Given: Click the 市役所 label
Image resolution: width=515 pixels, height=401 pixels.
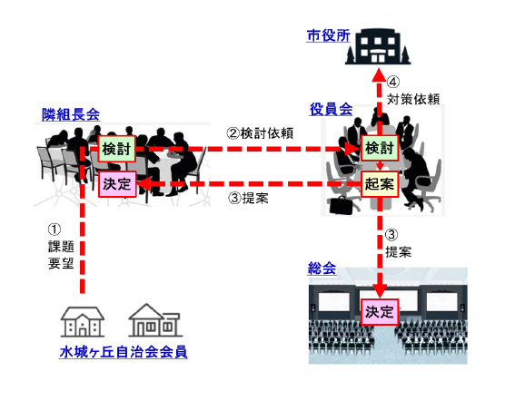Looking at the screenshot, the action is (x=328, y=35).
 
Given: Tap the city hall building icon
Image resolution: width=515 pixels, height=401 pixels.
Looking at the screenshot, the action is (x=378, y=46).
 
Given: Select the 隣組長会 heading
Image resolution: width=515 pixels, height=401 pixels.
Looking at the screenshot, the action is (x=71, y=114).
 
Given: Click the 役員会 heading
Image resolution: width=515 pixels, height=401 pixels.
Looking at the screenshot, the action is (x=331, y=109).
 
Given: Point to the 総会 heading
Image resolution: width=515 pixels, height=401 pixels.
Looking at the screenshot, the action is (x=322, y=269).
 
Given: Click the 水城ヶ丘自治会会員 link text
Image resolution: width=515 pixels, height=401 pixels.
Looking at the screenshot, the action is (x=124, y=352).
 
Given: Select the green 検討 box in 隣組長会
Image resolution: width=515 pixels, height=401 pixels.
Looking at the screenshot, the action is (x=117, y=149).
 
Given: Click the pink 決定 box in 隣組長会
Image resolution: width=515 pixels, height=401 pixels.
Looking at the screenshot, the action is (x=117, y=184).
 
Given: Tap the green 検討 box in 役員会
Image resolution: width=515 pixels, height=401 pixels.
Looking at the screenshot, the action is (x=380, y=148).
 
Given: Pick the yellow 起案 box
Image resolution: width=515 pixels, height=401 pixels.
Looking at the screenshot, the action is (x=380, y=184).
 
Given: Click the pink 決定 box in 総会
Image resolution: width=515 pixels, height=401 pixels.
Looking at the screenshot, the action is (x=380, y=312).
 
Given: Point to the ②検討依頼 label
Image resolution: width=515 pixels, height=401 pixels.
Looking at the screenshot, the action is (x=260, y=133).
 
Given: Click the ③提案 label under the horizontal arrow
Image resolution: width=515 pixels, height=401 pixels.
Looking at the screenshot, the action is (x=248, y=198).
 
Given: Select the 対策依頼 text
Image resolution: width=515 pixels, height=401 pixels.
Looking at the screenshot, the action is (x=413, y=99).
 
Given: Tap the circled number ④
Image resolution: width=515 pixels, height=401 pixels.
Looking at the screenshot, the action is (x=393, y=82).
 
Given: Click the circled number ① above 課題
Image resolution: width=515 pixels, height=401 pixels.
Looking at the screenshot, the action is (x=54, y=230).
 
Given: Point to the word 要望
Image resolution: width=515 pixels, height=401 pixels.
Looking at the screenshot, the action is (x=61, y=263).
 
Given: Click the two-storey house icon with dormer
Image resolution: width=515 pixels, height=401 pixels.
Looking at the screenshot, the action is (x=83, y=322).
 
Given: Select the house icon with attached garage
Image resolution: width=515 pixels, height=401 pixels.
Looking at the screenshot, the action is (x=155, y=320).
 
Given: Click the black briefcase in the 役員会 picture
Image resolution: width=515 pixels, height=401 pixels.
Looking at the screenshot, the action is (x=341, y=205).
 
